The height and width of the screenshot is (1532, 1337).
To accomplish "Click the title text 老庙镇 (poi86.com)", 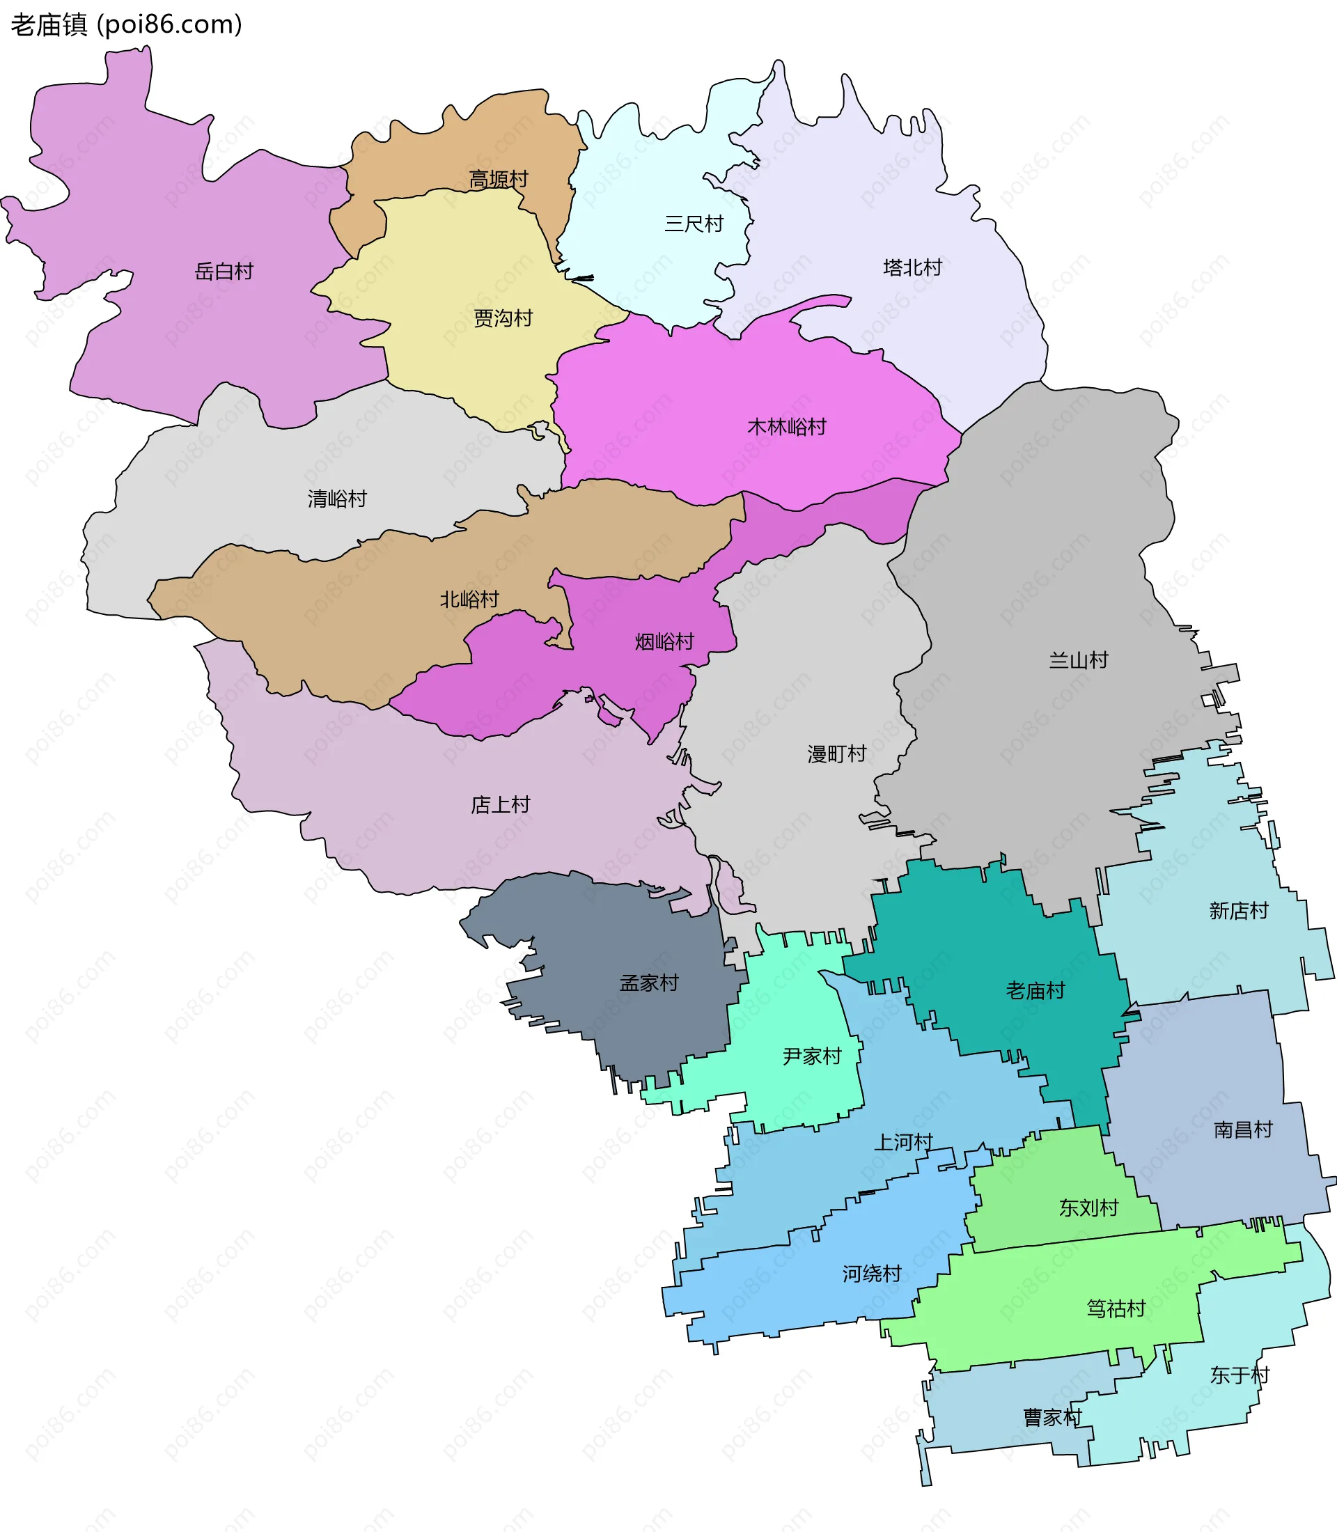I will pyautogui.click(x=126, y=24).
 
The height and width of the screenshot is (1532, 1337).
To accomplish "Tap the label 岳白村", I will pyautogui.click(x=224, y=271).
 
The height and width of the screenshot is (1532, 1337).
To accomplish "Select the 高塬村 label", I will pyautogui.click(x=499, y=179).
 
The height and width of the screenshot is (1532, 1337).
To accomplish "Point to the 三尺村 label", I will pyautogui.click(x=694, y=224).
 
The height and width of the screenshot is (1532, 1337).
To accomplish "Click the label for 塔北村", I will pyautogui.click(x=912, y=267).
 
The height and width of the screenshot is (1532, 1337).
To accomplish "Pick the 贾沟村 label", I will pyautogui.click(x=503, y=319).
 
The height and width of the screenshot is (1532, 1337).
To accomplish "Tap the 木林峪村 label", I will pyautogui.click(x=786, y=427).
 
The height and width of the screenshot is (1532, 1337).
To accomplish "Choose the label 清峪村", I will pyautogui.click(x=337, y=499).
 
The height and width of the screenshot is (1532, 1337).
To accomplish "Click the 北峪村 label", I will pyautogui.click(x=469, y=599).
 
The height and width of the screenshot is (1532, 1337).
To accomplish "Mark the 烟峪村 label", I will pyautogui.click(x=664, y=642).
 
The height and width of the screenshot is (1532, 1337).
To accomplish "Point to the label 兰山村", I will pyautogui.click(x=1078, y=659).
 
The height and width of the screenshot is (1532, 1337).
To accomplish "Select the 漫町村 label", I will pyautogui.click(x=836, y=753).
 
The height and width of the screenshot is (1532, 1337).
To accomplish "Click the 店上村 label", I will pyautogui.click(x=500, y=804).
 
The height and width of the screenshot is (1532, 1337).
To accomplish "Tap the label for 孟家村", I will pyautogui.click(x=649, y=983).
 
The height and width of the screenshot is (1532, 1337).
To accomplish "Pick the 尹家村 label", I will pyautogui.click(x=812, y=1056).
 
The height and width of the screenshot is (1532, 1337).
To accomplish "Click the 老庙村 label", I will pyautogui.click(x=1035, y=990).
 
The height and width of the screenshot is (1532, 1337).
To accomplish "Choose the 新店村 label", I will pyautogui.click(x=1239, y=910).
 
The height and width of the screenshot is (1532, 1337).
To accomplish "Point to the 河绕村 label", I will pyautogui.click(x=871, y=1273).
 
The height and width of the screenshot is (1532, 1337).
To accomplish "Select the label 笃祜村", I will pyautogui.click(x=1116, y=1308).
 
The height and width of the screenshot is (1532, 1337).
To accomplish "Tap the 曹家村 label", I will pyautogui.click(x=1052, y=1417).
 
